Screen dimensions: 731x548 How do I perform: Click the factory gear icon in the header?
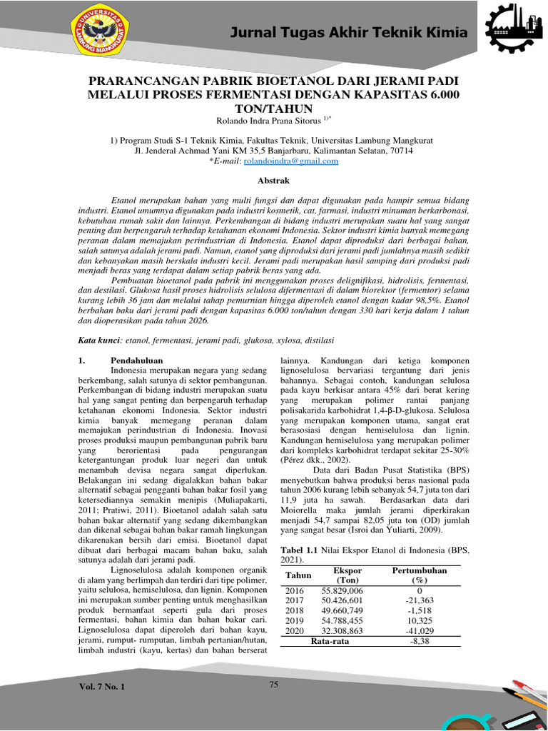coord(512,33)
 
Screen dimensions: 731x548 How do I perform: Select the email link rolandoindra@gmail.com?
coord(280,162)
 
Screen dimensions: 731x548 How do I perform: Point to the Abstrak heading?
coord(273,182)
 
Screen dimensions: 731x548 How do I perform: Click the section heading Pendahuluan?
coord(137,361)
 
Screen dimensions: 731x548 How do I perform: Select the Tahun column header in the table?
coord(299,575)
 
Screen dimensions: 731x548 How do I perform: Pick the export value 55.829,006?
coord(342,591)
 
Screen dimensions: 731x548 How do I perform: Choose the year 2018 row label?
coord(295,611)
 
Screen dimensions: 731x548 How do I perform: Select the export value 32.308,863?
coord(342,632)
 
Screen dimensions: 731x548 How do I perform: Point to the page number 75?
coord(273,685)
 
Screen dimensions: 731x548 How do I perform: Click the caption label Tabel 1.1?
coord(300,550)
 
